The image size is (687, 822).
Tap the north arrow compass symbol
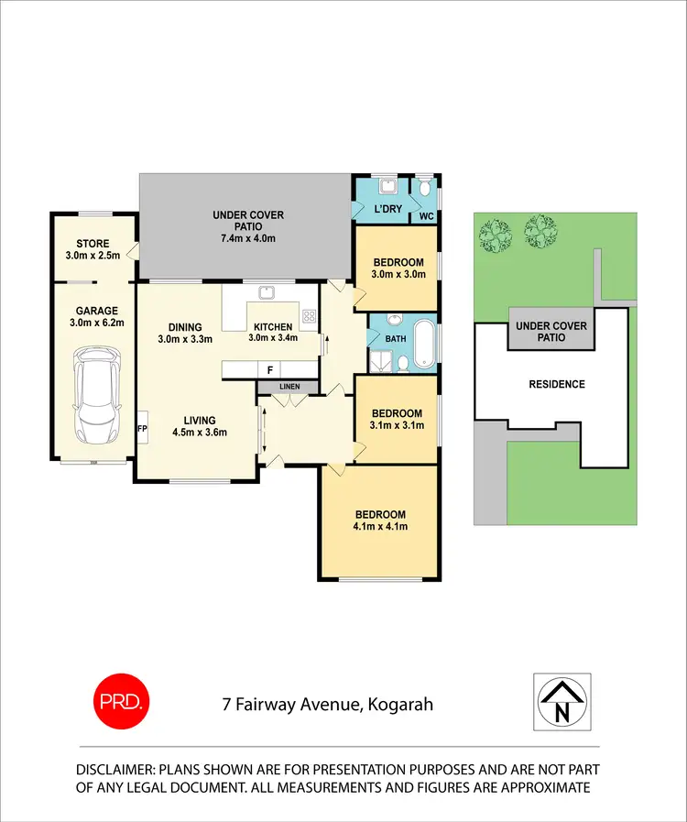tap(562, 702)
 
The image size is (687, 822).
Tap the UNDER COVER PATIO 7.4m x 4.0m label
tap(248, 226)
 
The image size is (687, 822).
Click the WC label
tap(426, 217)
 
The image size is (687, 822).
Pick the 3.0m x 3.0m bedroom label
tap(397, 268)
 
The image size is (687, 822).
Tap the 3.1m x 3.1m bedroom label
tap(397, 419)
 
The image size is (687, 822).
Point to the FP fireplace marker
tap(142, 428)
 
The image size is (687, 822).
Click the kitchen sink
tap(267, 293)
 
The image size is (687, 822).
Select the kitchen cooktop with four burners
tap(309, 319)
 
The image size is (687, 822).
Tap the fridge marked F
tap(269, 370)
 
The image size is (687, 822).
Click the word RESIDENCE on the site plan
tap(556, 384)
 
